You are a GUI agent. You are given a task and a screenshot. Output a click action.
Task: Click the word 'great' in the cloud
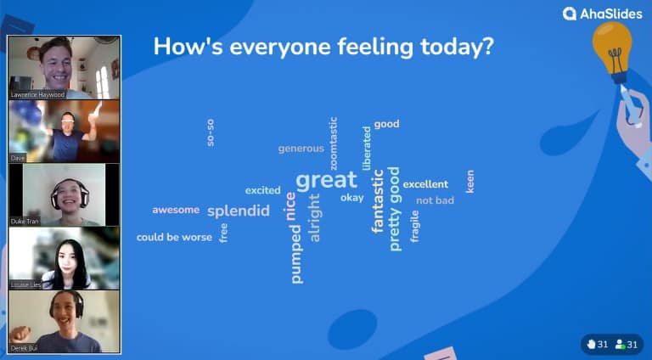click(326, 180)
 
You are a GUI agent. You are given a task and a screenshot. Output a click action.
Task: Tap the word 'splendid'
click(238, 211)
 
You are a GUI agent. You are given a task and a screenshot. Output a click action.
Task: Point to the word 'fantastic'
click(378, 201)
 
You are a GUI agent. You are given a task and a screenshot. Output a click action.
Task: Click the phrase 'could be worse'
click(174, 238)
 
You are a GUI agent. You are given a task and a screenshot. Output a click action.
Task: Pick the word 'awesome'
click(176, 210)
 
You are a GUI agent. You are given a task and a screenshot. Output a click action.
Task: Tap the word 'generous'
click(301, 149)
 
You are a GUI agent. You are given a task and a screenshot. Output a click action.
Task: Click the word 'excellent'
click(425, 184)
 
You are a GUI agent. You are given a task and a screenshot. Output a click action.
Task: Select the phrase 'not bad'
click(435, 200)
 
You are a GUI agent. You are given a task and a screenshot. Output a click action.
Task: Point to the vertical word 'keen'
click(470, 180)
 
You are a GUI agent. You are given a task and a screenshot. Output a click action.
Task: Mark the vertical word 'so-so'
click(211, 132)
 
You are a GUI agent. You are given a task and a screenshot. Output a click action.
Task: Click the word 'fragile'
click(414, 227)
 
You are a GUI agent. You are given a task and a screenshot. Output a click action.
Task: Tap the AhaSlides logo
click(604, 14)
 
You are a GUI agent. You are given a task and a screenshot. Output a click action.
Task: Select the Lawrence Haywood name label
click(37, 94)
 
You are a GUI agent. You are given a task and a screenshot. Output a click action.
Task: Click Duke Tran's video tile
click(65, 194)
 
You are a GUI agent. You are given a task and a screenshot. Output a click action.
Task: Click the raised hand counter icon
click(592, 344)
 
